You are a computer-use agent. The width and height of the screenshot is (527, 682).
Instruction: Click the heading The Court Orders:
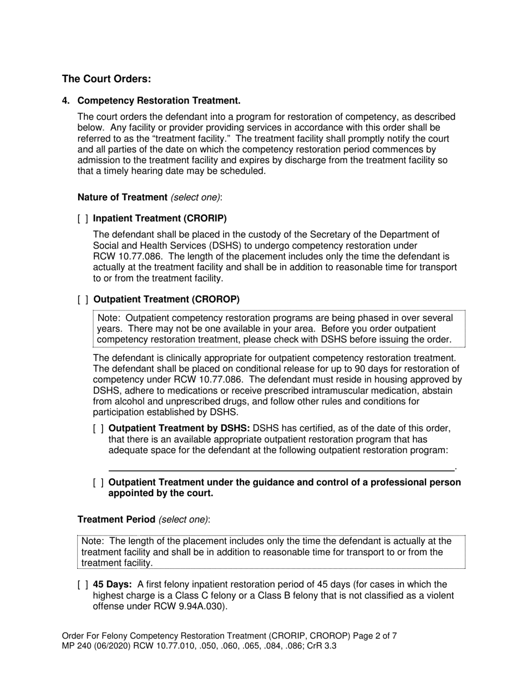tap(107, 79)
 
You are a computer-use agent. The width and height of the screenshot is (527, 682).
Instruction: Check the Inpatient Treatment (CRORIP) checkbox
tap(83, 218)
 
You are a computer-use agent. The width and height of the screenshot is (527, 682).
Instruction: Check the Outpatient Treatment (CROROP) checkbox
tap(83, 299)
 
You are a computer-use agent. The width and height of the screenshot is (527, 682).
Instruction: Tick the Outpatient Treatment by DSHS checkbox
tap(98, 429)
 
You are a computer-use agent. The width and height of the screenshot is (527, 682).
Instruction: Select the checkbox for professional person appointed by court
tap(98, 482)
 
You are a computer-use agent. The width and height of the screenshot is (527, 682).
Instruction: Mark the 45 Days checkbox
tap(83, 584)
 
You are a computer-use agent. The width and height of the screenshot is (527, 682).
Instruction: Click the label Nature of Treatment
tap(122, 197)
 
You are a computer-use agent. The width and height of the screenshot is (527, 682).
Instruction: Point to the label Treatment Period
tap(116, 520)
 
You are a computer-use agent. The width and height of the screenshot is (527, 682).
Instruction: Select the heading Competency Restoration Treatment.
tap(159, 100)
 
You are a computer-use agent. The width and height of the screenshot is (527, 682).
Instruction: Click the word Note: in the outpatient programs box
tap(109, 318)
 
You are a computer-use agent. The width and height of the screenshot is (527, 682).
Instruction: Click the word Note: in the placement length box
tap(93, 541)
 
